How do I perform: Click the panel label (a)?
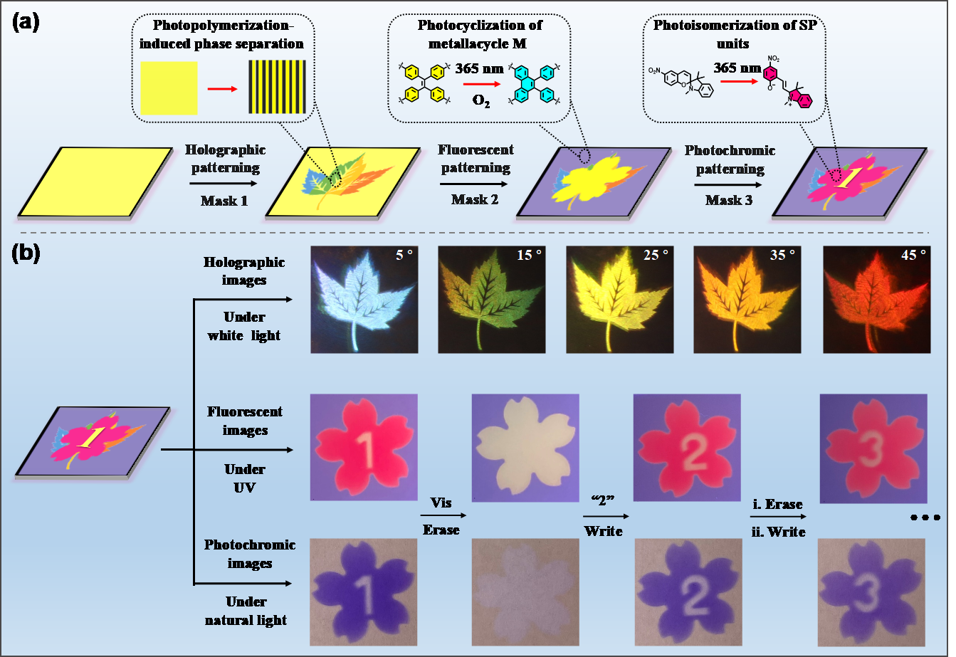pyautogui.click(x=26, y=22)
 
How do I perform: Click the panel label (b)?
pyautogui.click(x=26, y=253)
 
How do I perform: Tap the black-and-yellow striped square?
pyautogui.click(x=277, y=88)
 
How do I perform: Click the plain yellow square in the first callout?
pyautogui.click(x=169, y=88)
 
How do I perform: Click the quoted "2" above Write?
pyautogui.click(x=599, y=502)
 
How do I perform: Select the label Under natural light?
pyautogui.click(x=245, y=611)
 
